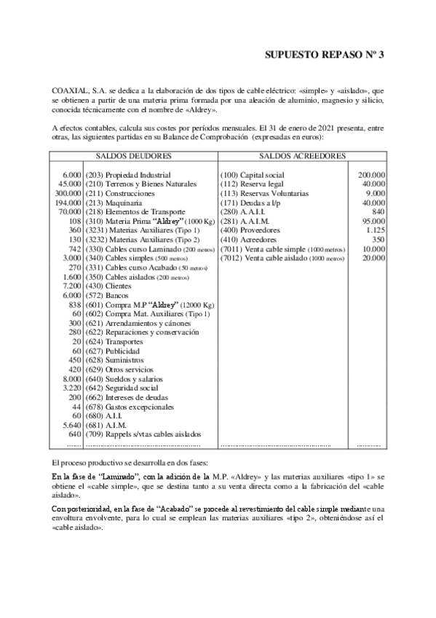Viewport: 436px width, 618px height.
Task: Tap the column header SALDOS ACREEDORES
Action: [x=302, y=156]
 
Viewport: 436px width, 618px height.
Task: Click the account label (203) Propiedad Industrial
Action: [x=128, y=176]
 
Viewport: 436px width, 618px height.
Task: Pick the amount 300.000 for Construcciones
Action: [x=67, y=193]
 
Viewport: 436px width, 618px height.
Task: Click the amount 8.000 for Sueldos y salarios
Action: [x=71, y=380]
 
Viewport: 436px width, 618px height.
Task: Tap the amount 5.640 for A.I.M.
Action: [x=71, y=426]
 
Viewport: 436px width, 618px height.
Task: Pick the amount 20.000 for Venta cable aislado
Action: [x=373, y=258]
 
